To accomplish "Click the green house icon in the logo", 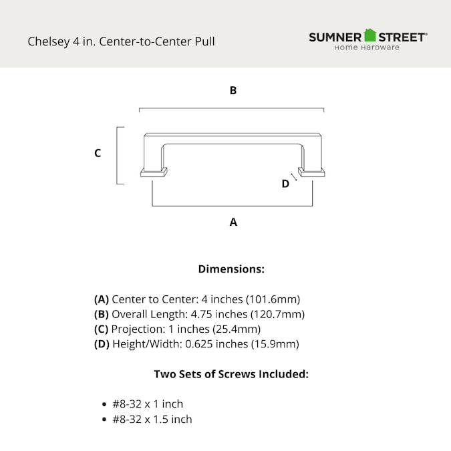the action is click(369, 35).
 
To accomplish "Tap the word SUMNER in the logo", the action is click(335, 37).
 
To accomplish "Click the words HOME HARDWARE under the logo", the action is click(367, 47).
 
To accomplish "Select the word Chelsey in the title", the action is click(49, 41).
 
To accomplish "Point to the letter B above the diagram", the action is click(233, 90).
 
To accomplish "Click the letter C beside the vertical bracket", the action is click(98, 153).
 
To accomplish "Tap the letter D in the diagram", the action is click(285, 184).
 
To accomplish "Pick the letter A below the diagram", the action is click(233, 222).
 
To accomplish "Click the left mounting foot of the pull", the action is click(154, 172).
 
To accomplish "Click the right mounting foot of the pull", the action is click(311, 172).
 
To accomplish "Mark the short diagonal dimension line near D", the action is click(294, 177).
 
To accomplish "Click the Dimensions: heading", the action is click(231, 269).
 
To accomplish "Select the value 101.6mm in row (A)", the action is click(273, 299).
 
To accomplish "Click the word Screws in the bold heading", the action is click(237, 374).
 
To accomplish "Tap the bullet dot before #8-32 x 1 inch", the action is click(104, 404).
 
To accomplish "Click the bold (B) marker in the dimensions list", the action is click(102, 315).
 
